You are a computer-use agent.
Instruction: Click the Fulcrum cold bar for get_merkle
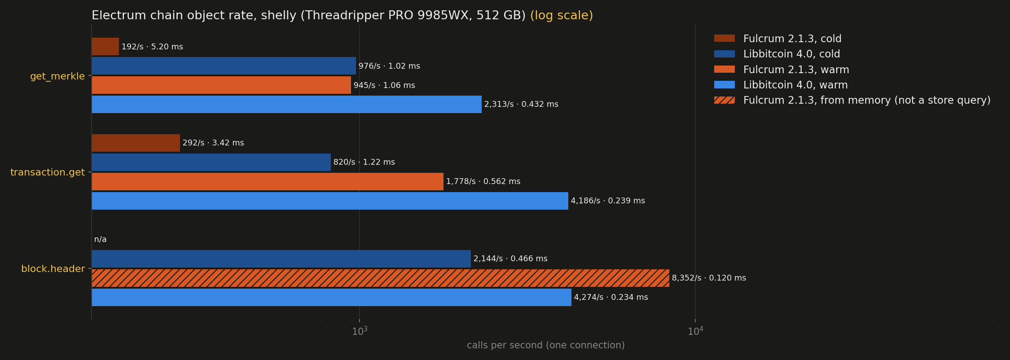coord(105,47)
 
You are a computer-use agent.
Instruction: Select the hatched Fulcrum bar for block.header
coord(381,278)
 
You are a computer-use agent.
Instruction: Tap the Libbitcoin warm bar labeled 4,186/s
coord(330,201)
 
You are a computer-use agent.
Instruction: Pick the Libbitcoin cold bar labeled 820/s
coord(211,162)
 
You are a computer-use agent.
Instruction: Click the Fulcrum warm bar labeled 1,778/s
coord(268,181)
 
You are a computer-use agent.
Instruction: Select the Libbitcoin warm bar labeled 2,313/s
coord(287,104)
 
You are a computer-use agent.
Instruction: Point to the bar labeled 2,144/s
coord(281,259)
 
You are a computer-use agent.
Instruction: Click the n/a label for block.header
coord(100,239)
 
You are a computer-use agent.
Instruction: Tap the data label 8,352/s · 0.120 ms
coord(709,278)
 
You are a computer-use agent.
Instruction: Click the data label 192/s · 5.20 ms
coord(152,47)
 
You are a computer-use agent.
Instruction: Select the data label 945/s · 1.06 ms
coord(384,85)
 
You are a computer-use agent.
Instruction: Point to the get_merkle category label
coord(57,76)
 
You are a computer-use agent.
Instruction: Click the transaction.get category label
coord(48,172)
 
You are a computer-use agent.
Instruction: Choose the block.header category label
coord(53,269)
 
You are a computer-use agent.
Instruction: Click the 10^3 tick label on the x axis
coord(360,331)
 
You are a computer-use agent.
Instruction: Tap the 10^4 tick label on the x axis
coord(695,331)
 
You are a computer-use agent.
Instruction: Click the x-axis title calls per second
coord(546,345)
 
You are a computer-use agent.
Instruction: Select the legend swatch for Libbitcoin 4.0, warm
coord(725,85)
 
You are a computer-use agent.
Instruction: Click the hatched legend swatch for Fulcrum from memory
coord(725,100)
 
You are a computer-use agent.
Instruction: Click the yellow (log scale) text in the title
coord(562,15)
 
